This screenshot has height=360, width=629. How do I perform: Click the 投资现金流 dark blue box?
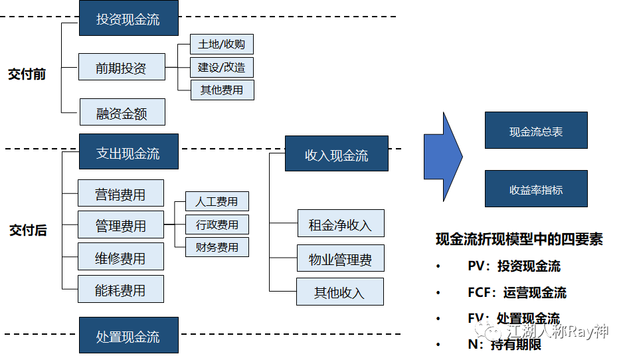coord(128,19)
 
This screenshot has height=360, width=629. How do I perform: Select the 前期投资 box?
coord(121,67)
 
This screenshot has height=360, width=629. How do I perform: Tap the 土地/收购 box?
coord(222,45)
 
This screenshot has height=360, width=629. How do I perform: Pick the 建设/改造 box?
coord(222,67)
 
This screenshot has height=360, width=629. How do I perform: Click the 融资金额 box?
coord(122,113)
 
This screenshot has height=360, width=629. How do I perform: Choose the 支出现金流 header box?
coord(128,152)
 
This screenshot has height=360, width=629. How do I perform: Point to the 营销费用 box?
coord(120,194)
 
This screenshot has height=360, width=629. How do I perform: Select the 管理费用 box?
coord(120,225)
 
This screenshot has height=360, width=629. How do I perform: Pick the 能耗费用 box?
coord(120,289)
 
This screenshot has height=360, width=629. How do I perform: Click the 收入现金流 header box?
coord(336,155)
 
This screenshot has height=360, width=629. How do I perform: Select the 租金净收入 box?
coord(340,224)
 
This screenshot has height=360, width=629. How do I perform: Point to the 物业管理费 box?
coord(340,258)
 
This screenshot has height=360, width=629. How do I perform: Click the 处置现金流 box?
coord(128,335)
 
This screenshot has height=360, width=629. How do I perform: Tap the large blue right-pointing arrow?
coord(443,157)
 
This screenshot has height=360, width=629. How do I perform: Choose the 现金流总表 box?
coord(536,131)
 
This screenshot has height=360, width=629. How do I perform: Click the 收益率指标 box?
coord(536,189)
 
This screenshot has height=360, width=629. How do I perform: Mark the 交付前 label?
coord(27,74)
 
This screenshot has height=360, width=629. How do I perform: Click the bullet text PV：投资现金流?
coord(513,266)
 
